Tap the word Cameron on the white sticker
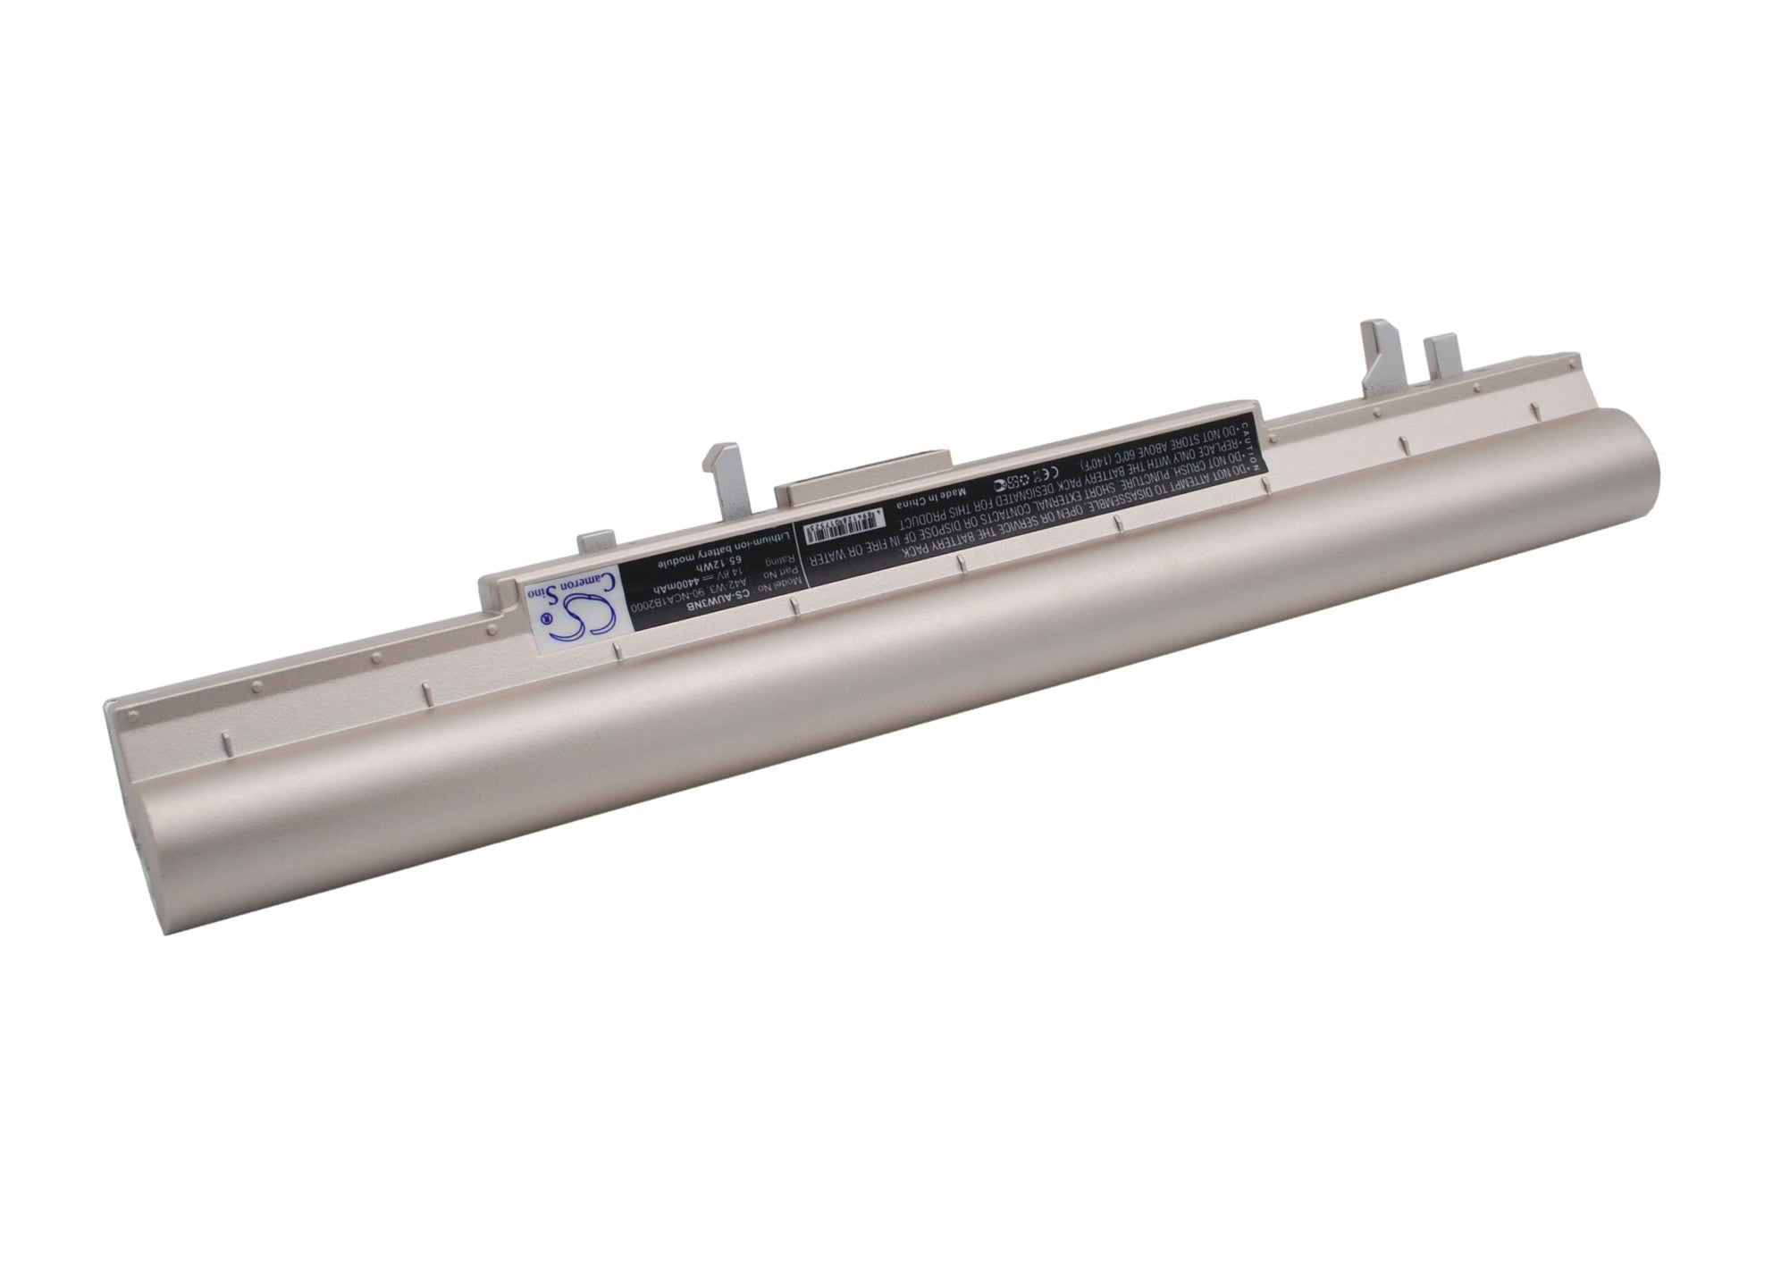601,594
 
